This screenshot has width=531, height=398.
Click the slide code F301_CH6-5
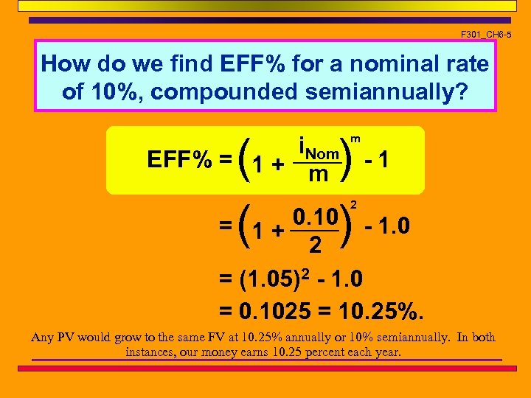tap(485, 35)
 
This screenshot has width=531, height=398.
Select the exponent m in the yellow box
tap(355, 138)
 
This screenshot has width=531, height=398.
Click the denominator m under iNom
tap(318, 174)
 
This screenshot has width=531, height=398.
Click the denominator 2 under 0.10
tap(314, 244)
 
